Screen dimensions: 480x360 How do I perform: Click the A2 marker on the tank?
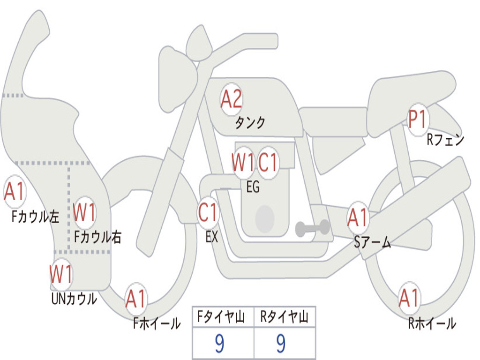(232, 99)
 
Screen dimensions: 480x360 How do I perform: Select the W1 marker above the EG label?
(243, 162)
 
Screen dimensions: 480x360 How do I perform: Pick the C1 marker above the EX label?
(208, 212)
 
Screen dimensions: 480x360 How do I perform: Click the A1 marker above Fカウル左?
(14, 192)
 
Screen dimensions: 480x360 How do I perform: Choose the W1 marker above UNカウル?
(61, 274)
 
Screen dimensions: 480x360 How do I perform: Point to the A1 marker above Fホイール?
(136, 299)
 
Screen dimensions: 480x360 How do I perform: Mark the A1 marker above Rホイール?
(409, 298)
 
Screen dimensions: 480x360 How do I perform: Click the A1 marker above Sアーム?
(358, 217)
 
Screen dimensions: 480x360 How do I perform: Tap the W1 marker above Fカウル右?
(84, 212)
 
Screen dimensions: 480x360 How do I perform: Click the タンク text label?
(250, 122)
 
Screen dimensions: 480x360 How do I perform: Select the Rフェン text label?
(445, 140)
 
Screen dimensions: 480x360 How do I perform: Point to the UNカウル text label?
(74, 299)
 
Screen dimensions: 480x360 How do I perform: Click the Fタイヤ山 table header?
(221, 316)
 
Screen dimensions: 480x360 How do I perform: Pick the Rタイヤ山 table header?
(285, 316)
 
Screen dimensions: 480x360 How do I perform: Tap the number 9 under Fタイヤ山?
(219, 344)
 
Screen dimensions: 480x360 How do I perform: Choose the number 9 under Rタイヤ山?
(281, 344)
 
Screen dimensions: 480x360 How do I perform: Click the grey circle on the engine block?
(265, 218)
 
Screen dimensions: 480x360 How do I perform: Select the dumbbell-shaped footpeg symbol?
(312, 228)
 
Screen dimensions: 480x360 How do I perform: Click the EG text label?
(253, 187)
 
